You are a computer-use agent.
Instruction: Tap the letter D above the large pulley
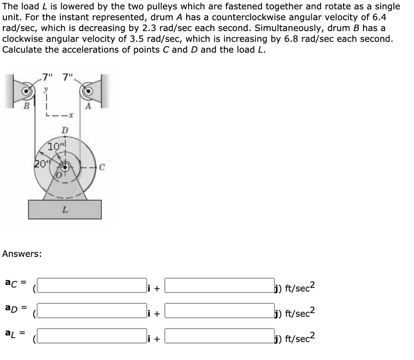coord(64,131)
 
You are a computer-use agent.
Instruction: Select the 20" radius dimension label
coord(40,164)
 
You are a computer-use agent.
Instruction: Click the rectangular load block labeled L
coord(65,209)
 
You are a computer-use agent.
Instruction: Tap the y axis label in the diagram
coord(46,88)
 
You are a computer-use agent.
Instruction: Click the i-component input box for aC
coord(93,285)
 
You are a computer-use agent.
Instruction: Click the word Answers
coord(22,254)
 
